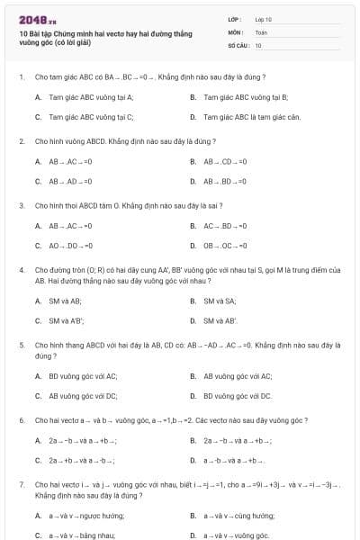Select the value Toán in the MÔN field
pyautogui.click(x=261, y=31)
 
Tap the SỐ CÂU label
pyautogui.click(x=237, y=44)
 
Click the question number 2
pyautogui.click(x=21, y=141)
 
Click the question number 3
pyautogui.click(x=21, y=205)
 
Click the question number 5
pyautogui.click(x=21, y=345)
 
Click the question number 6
pyautogui.click(x=21, y=420)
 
